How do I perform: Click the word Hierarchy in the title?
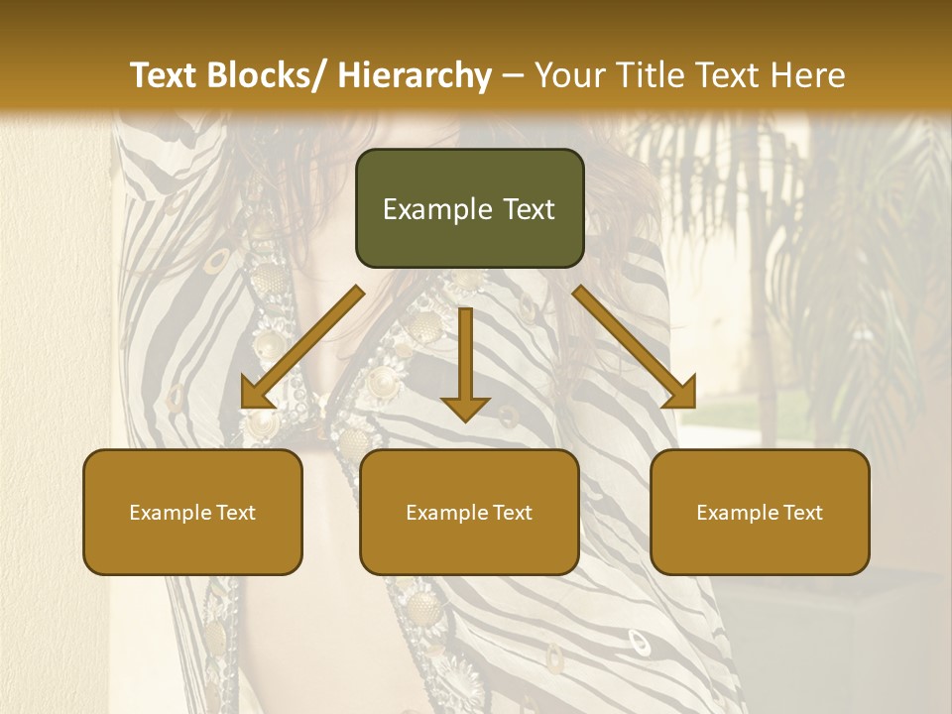[x=415, y=75]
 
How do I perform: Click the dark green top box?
[x=469, y=208]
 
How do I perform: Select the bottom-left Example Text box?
[x=192, y=512]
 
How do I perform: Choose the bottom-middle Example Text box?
[x=469, y=512]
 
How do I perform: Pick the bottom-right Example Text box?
[x=760, y=512]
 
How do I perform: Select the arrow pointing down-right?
[x=635, y=347]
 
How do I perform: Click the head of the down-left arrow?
[x=256, y=395]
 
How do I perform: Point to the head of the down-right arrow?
[x=681, y=394]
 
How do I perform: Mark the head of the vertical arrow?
[x=465, y=408]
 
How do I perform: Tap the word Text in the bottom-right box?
[x=802, y=513]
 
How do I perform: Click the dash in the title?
[x=512, y=75]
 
